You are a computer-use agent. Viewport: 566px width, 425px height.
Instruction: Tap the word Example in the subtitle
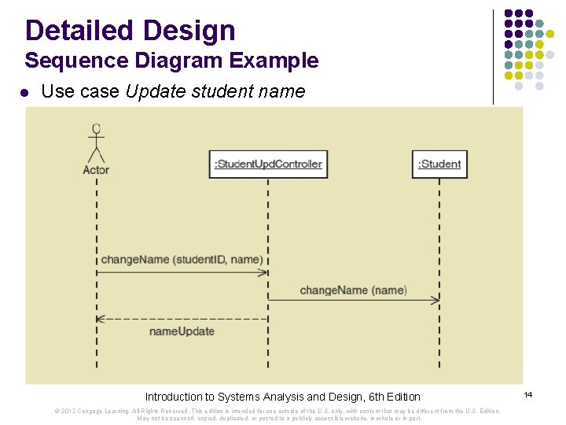point(276,61)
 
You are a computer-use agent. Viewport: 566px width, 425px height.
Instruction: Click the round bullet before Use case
point(24,92)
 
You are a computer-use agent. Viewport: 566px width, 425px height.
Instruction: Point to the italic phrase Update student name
point(215,91)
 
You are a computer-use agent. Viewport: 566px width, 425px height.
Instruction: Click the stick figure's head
point(96,129)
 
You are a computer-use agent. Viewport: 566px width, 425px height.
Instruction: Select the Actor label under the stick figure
point(96,169)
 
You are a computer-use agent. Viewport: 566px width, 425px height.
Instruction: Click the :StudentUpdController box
point(268,164)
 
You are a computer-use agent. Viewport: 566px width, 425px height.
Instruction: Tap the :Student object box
point(439,164)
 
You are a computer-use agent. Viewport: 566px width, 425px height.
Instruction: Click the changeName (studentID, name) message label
point(182,260)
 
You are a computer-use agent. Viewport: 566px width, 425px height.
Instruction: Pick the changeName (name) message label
point(353,290)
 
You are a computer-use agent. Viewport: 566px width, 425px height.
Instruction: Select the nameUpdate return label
point(182,331)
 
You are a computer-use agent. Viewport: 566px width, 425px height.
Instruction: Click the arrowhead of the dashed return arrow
point(101,319)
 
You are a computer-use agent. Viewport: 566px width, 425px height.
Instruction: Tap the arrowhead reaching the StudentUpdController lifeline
point(263,272)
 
